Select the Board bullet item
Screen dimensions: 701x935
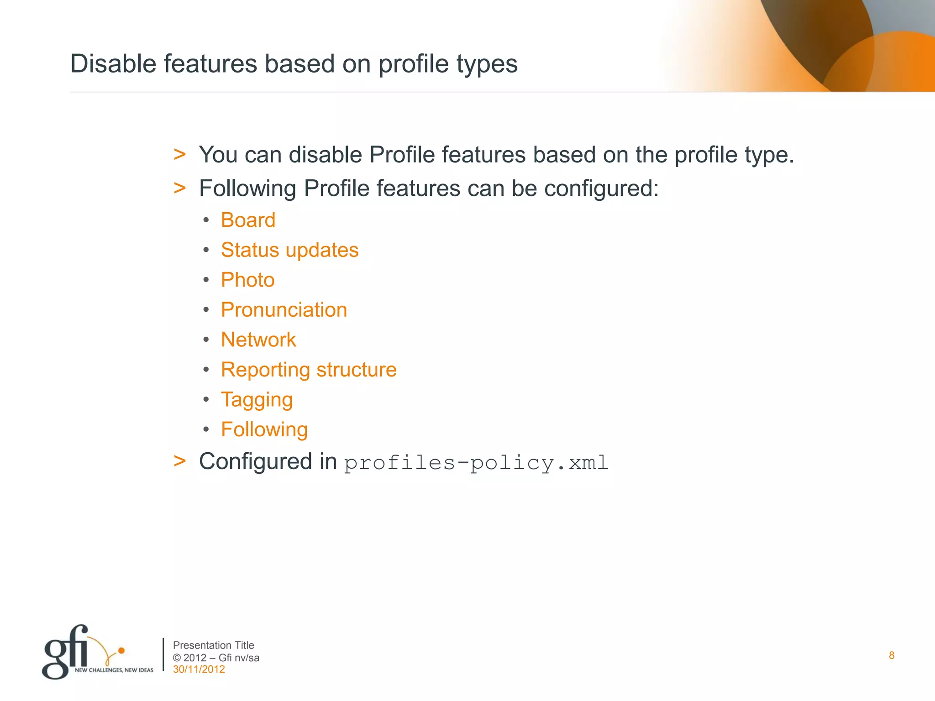point(248,220)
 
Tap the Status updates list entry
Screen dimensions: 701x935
point(289,250)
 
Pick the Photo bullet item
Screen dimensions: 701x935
point(247,280)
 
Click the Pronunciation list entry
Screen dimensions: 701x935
point(284,310)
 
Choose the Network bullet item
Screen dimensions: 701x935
point(258,340)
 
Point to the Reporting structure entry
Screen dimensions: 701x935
point(309,370)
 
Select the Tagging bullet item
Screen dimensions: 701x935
point(257,400)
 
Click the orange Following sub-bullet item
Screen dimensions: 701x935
point(264,430)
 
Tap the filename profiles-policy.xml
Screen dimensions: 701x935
point(476,463)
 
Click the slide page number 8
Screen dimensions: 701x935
point(891,656)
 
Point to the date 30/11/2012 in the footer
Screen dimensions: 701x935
point(199,670)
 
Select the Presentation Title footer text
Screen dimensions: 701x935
point(213,645)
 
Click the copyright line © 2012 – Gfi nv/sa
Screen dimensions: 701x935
point(216,658)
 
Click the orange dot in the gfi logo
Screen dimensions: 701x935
point(121,650)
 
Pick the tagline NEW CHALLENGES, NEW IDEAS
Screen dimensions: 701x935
point(114,670)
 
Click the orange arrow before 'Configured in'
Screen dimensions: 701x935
point(180,461)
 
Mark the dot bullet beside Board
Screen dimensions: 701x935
point(206,220)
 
